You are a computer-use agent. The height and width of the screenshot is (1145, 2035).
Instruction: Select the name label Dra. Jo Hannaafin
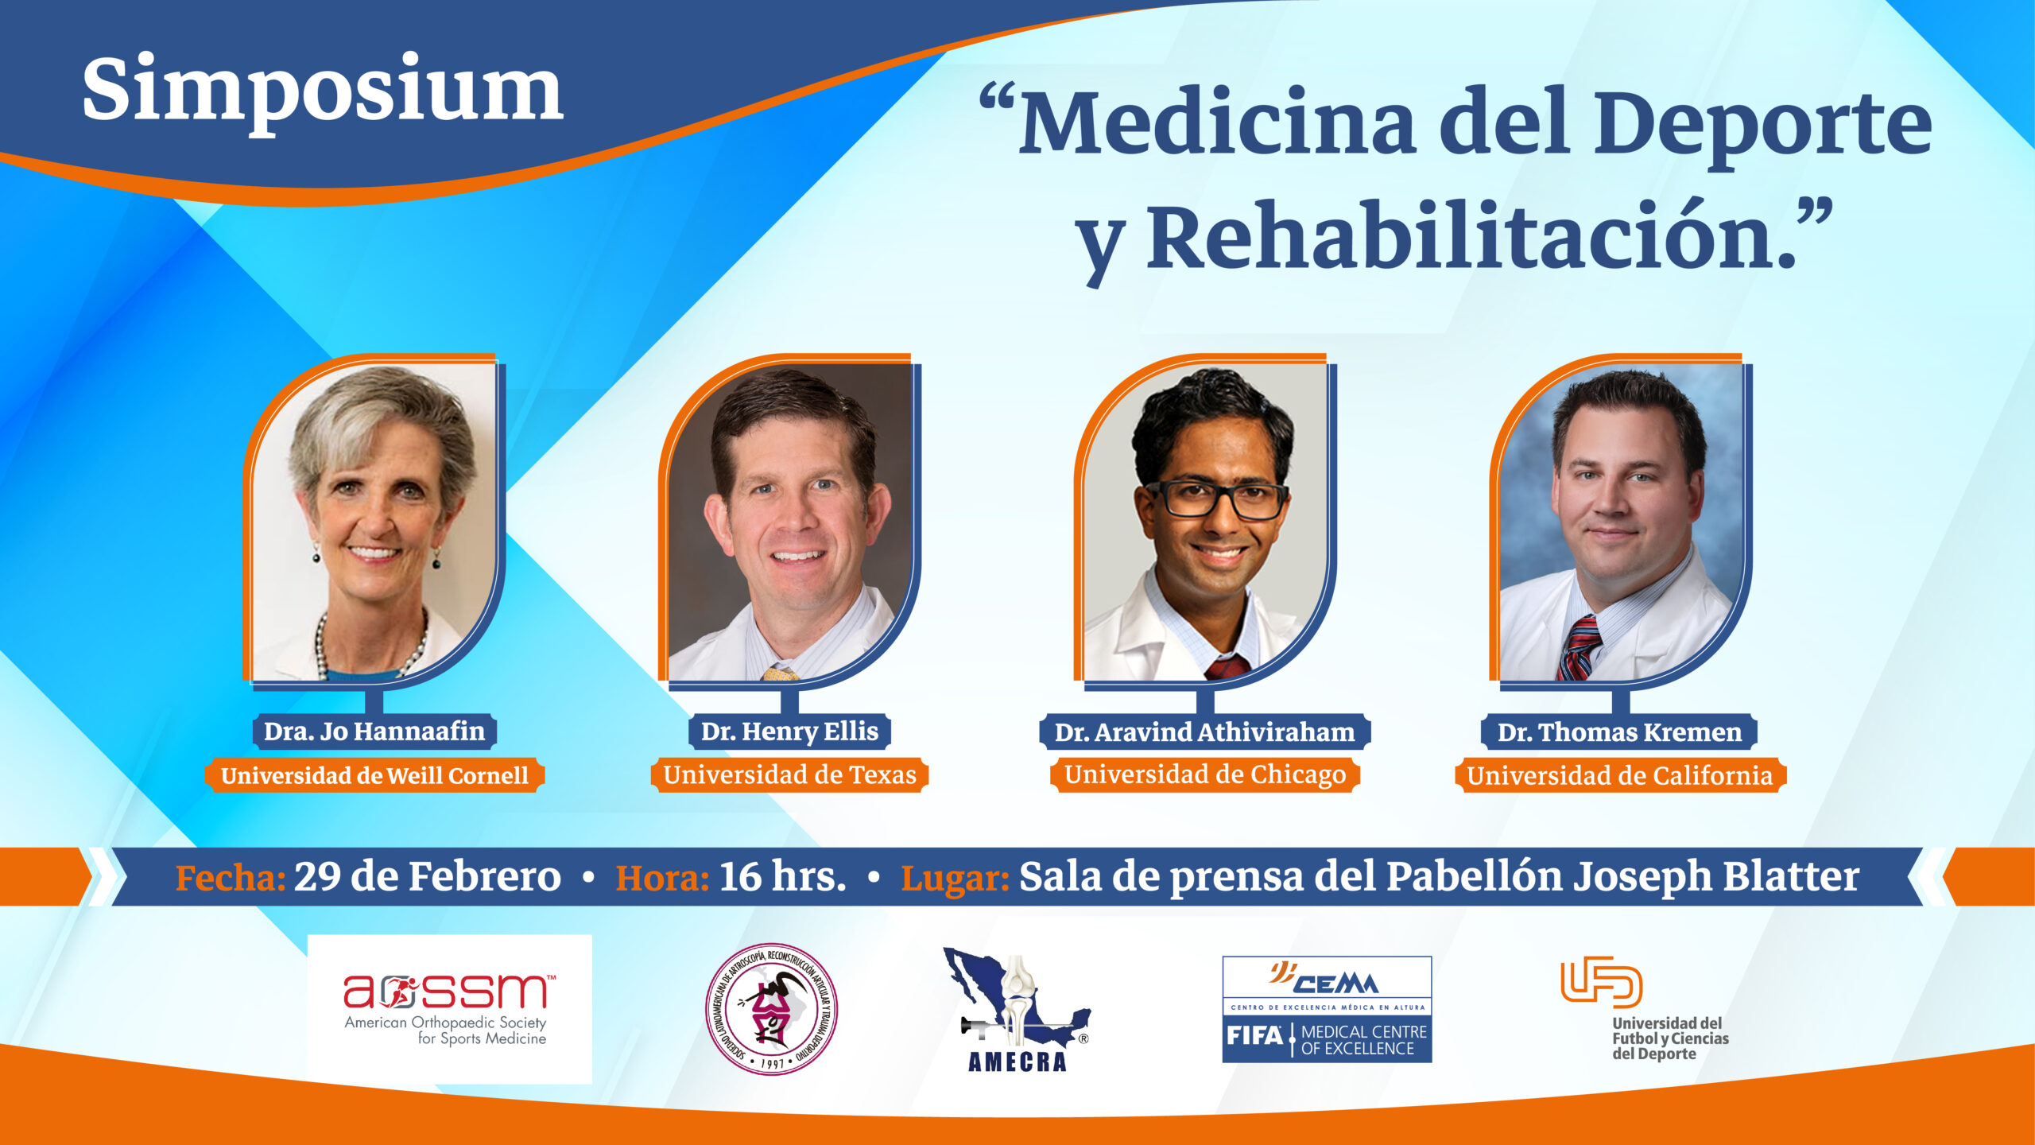(x=374, y=732)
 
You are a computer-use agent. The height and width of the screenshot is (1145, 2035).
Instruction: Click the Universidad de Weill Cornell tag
(x=374, y=775)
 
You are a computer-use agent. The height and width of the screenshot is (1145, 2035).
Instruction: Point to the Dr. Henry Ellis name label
(x=789, y=732)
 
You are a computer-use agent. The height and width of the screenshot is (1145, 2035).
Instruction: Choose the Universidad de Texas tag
(x=789, y=775)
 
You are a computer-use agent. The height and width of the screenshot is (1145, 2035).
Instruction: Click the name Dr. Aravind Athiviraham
(x=1204, y=732)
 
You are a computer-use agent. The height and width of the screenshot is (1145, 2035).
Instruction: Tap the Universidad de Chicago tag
(x=1205, y=775)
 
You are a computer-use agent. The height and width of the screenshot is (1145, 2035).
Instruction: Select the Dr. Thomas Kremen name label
(x=1619, y=732)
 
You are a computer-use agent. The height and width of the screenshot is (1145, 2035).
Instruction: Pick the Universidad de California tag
(x=1620, y=775)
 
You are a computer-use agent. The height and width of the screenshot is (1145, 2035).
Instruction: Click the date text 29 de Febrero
(x=428, y=877)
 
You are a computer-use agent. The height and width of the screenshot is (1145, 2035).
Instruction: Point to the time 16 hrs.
(x=782, y=877)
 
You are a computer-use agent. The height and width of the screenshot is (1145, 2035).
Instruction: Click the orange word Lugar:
(x=955, y=879)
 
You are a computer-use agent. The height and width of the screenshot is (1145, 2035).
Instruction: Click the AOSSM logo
(x=449, y=1009)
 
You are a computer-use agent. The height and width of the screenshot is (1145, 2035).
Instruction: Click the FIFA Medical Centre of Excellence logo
(x=1327, y=1009)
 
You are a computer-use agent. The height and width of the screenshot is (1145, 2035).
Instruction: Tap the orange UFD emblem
(x=1601, y=982)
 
